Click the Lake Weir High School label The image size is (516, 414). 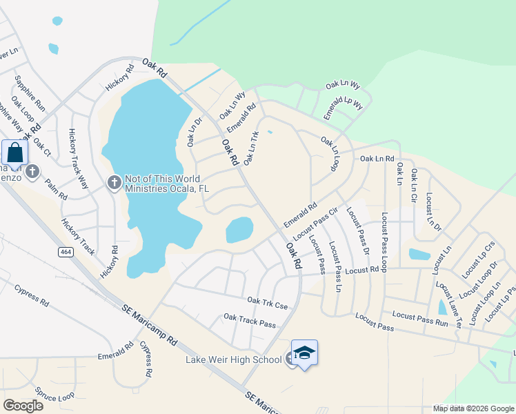pos(233,359)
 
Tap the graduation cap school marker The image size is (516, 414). pos(304,353)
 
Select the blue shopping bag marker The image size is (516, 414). pos(15,153)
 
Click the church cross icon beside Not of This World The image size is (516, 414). pos(115,182)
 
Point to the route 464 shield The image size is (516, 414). pos(66,253)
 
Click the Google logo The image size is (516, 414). pos(23,405)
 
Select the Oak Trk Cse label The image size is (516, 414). pos(267,302)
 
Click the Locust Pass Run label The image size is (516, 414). pos(420,318)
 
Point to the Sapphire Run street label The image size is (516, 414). pos(30,93)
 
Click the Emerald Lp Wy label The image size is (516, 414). pos(344,105)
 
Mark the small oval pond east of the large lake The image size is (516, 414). pos(239,230)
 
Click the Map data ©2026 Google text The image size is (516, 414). pos(473,408)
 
